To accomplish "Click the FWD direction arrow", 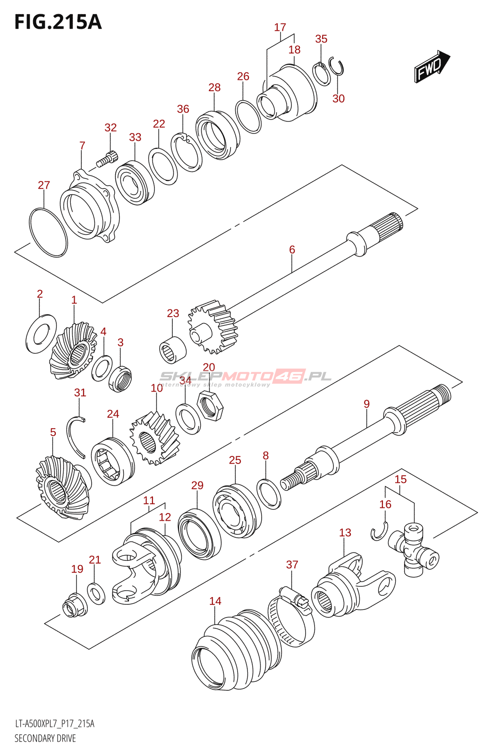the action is tap(432, 66).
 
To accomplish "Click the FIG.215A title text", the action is tap(58, 22).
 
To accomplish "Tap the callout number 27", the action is tap(44, 185).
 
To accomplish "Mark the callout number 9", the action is tap(366, 404).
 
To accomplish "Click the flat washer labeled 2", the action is tap(41, 334).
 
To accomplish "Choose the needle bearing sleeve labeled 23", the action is tap(173, 350).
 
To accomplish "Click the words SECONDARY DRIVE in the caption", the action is tap(45, 739).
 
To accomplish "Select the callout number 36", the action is tap(183, 109).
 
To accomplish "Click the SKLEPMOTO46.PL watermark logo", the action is tap(245, 378).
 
